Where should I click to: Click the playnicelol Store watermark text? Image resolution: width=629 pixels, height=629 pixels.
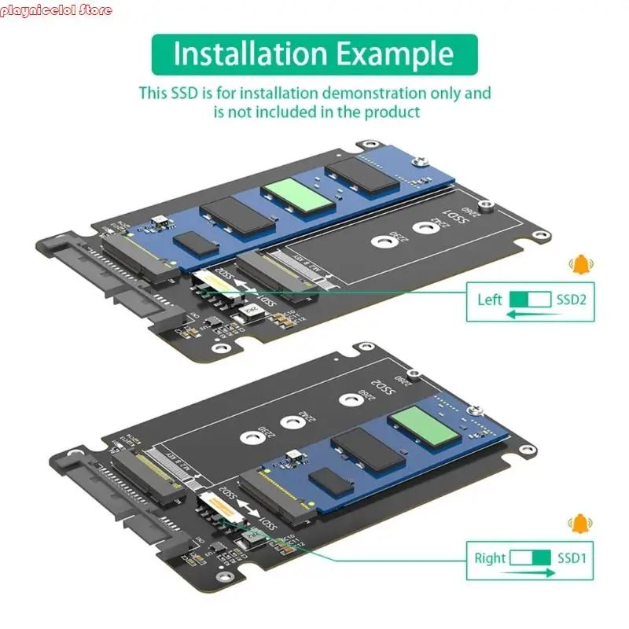click(57, 10)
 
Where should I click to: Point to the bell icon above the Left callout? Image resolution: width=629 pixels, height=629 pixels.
click(581, 265)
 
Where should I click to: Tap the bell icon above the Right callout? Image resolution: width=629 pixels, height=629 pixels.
click(581, 523)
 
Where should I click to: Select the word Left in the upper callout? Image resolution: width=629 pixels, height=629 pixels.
click(490, 300)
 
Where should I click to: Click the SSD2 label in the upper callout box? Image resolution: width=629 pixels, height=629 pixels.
click(572, 300)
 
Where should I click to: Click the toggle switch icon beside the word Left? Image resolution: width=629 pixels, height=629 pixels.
click(531, 300)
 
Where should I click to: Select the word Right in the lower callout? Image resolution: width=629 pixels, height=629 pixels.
click(490, 558)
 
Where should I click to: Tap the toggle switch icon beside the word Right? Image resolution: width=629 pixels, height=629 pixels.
click(531, 558)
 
